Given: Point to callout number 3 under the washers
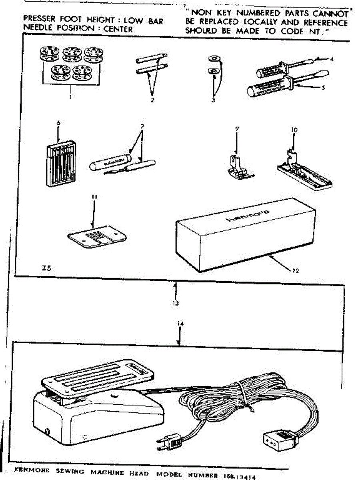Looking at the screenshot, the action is click(213, 100).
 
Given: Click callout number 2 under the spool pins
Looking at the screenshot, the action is click(152, 100).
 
